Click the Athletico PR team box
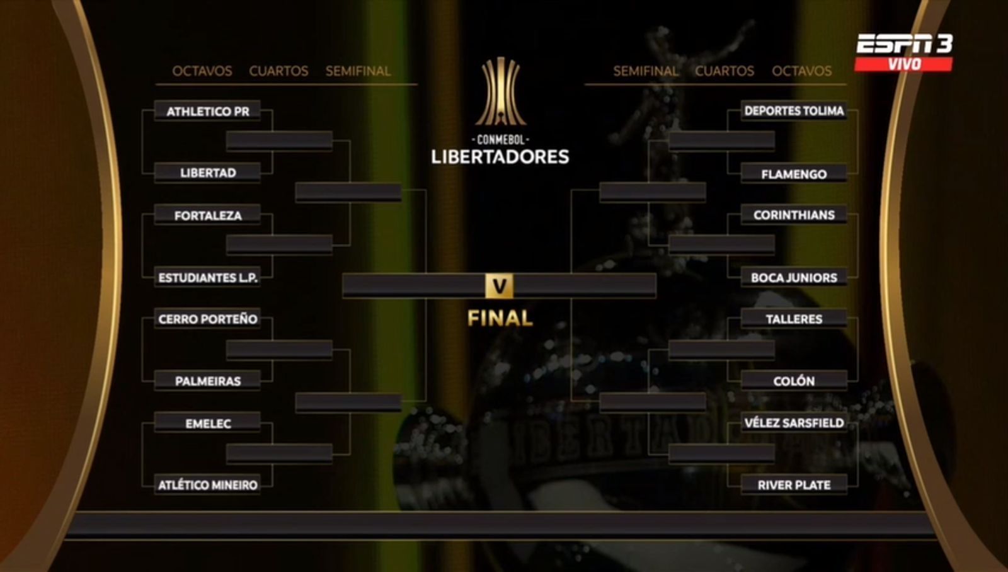point(207,111)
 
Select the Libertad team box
point(207,173)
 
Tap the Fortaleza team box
point(207,215)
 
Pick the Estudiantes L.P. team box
point(207,277)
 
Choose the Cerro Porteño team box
point(207,319)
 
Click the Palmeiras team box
point(207,380)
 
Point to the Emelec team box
point(207,423)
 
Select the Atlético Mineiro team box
point(207,484)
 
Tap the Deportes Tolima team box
point(794,111)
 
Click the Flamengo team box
point(794,173)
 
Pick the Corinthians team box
point(794,215)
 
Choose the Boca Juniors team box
point(794,277)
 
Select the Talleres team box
point(794,319)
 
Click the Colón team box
point(794,380)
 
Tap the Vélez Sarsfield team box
point(794,423)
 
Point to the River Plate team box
point(794,484)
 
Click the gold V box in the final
point(499,286)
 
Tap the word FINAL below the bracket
point(500,318)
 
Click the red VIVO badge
point(903,64)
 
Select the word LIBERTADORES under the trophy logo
point(500,157)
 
